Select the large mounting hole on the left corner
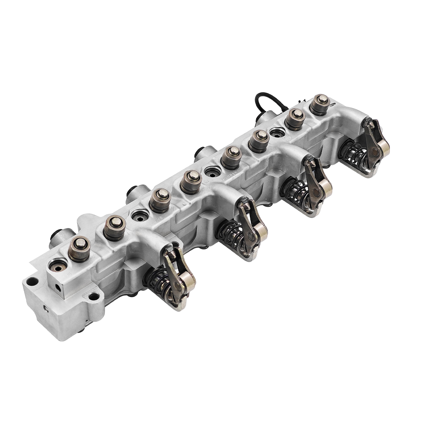[x=33, y=282]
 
